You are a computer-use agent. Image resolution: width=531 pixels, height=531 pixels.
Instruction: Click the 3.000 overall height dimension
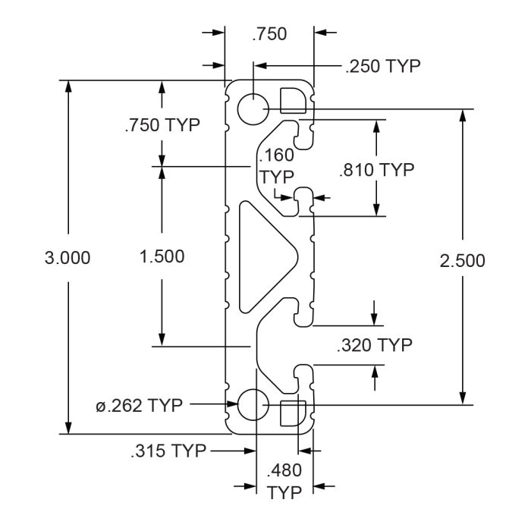click(68, 258)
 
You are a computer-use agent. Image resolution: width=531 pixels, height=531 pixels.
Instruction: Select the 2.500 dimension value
click(462, 261)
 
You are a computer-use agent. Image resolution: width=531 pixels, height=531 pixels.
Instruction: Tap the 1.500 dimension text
click(162, 256)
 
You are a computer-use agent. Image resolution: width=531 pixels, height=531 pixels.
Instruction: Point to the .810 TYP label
click(376, 170)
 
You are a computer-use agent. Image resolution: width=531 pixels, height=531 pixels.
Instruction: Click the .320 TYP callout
click(375, 345)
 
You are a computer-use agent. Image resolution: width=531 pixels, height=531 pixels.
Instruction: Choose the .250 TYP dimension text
click(383, 66)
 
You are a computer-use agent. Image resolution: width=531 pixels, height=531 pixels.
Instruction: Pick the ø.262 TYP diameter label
click(139, 405)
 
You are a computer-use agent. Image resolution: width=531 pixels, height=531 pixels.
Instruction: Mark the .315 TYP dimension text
click(168, 451)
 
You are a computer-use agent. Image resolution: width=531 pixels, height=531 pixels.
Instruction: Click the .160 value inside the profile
click(276, 156)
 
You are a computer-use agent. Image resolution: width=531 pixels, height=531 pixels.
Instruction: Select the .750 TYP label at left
click(162, 125)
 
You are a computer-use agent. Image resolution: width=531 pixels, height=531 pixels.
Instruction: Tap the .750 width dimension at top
click(269, 34)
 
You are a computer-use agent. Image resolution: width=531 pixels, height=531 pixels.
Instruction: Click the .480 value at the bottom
click(284, 470)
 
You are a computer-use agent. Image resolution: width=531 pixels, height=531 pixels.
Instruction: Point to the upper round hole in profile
click(253, 109)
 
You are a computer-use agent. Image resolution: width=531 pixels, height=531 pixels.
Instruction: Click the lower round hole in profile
click(253, 404)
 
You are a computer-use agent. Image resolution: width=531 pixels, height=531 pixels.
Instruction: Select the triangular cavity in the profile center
click(269, 256)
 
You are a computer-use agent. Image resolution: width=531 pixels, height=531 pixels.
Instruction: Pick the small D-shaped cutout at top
click(294, 100)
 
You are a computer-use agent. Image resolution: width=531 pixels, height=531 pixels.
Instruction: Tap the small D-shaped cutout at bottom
click(294, 413)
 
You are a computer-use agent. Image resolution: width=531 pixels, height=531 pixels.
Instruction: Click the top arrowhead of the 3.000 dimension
click(68, 86)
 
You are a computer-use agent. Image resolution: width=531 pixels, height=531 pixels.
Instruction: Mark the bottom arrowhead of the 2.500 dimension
click(463, 399)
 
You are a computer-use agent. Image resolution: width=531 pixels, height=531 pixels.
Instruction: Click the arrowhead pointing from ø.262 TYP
click(232, 404)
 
